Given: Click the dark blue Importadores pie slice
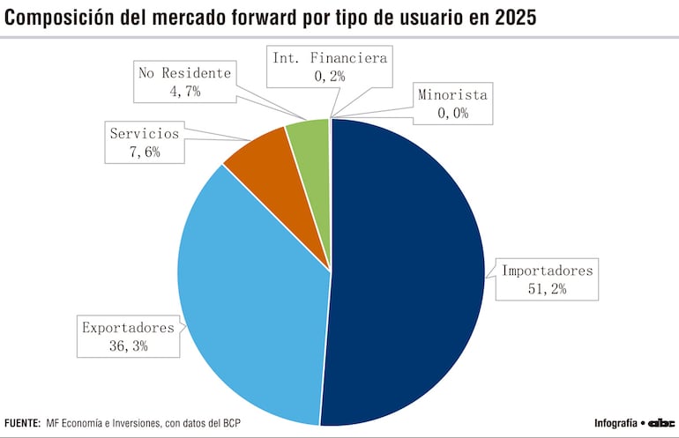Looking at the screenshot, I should (x=406, y=273).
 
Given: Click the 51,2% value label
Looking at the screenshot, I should (x=548, y=288).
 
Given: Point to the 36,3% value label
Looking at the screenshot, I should (x=128, y=346).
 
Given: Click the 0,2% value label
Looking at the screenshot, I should (x=329, y=77).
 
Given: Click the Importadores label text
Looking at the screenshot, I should (x=548, y=270).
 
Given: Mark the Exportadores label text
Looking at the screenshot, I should (x=128, y=328).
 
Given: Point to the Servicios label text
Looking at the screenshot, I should (x=144, y=134).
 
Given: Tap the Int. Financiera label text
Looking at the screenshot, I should (x=329, y=58).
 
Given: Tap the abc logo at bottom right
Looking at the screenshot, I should (x=661, y=423).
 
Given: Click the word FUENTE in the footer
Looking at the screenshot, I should (x=22, y=423).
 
